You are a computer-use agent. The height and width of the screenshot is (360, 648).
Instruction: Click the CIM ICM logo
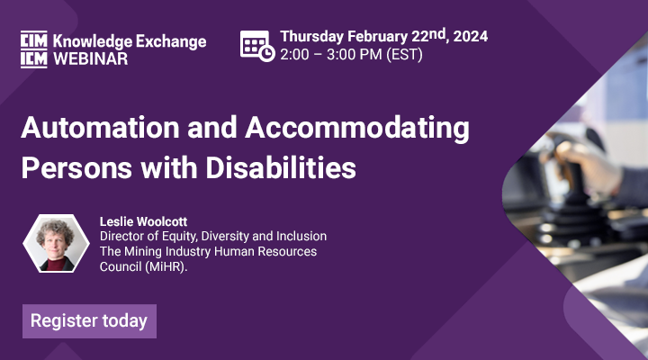[x=34, y=49]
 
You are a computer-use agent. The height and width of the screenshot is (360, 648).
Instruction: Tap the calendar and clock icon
[x=257, y=46]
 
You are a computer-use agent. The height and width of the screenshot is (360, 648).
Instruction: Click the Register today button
[x=89, y=321]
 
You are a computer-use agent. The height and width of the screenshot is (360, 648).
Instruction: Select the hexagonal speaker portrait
[x=56, y=243]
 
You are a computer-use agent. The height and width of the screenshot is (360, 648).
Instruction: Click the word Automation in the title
[x=100, y=127]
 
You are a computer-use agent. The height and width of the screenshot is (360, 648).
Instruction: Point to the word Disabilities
[x=281, y=167]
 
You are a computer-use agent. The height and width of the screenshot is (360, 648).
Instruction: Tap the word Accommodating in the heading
[x=357, y=129]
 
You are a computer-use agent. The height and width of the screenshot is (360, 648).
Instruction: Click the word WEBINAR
[x=91, y=59]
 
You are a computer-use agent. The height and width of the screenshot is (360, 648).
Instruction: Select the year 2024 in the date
[x=471, y=36]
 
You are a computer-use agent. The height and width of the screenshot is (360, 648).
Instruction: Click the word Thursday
[x=311, y=37]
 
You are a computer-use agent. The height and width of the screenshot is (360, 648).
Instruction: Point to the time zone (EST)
[x=404, y=55]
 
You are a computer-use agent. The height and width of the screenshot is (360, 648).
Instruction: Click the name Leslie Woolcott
[x=143, y=221]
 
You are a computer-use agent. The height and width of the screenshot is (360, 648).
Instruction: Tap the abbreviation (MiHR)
[x=166, y=266]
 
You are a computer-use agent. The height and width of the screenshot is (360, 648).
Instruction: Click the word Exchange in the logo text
[x=171, y=41]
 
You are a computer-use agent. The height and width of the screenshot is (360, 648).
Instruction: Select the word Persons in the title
[x=76, y=167]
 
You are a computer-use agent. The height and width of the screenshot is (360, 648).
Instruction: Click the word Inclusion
[x=301, y=236]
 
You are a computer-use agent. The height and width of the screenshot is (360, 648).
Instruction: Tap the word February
[x=377, y=37]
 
